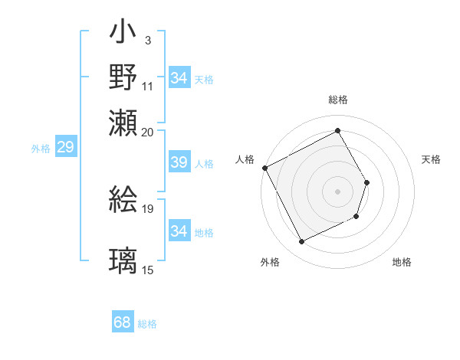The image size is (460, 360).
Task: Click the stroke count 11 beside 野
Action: pyautogui.click(x=147, y=86)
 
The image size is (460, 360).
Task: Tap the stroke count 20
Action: pyautogui.click(x=147, y=131)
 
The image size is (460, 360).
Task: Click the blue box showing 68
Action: pyautogui.click(x=123, y=322)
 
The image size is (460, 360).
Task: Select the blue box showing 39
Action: pyautogui.click(x=179, y=162)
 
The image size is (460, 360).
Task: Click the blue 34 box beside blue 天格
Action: pyautogui.click(x=179, y=78)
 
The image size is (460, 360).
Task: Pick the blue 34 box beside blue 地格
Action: pyautogui.click(x=179, y=231)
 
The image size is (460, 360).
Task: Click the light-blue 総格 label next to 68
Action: pyautogui.click(x=147, y=324)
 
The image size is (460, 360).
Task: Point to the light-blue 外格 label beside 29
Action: pyautogui.click(x=41, y=149)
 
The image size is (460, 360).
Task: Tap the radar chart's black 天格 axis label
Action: pyautogui.click(x=431, y=159)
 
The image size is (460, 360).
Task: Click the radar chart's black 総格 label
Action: pyautogui.click(x=337, y=100)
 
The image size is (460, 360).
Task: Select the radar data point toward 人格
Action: pyautogui.click(x=264, y=168)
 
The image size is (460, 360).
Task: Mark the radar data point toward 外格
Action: pyautogui.click(x=301, y=242)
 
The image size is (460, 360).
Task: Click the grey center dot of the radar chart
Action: pyautogui.click(x=337, y=191)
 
